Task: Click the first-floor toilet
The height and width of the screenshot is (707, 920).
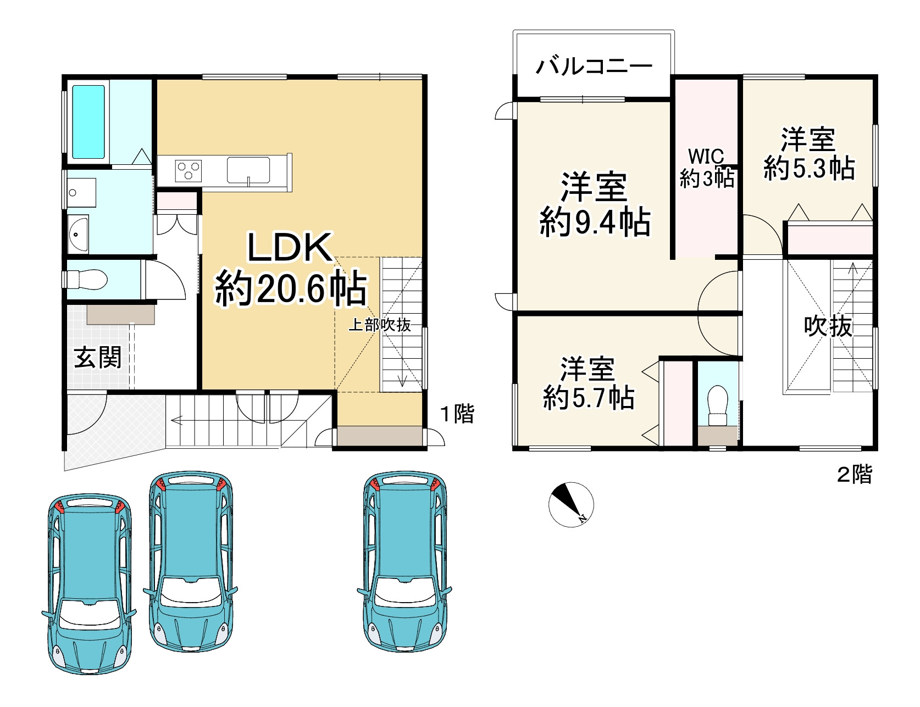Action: (89, 280)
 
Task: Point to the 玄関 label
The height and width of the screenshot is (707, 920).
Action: (98, 358)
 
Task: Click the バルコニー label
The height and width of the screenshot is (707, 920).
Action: (594, 67)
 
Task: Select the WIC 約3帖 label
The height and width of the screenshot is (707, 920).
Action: (707, 168)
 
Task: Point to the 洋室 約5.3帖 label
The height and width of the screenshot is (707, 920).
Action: (808, 154)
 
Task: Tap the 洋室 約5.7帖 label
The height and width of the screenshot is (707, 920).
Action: (588, 383)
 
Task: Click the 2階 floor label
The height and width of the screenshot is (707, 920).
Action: (854, 474)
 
